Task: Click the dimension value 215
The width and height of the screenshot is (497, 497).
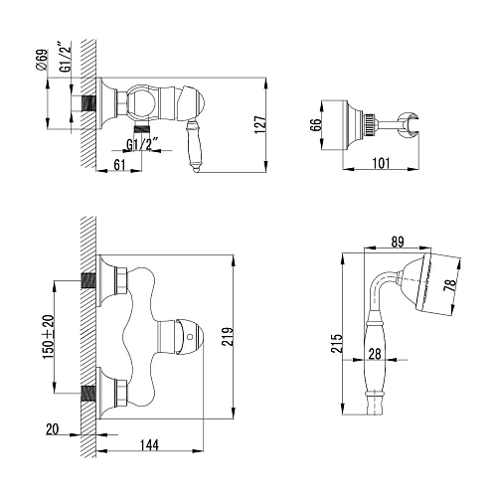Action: click(337, 343)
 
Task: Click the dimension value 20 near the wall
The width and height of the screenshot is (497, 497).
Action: click(51, 428)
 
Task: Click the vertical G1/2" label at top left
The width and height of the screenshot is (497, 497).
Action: click(64, 63)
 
